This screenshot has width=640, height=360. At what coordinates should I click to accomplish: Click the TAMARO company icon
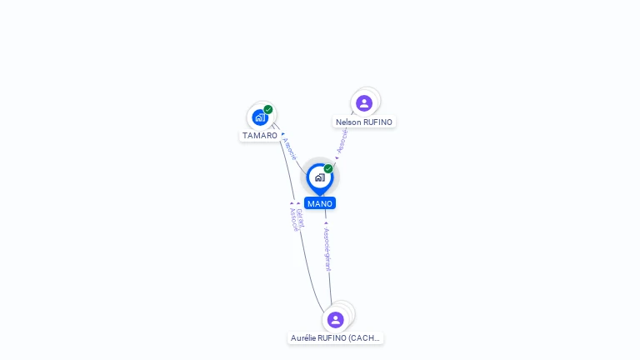pyautogui.click(x=259, y=117)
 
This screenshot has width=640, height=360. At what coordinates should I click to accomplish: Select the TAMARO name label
pyautogui.click(x=260, y=135)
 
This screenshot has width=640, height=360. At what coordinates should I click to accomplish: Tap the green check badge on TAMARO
pyautogui.click(x=268, y=109)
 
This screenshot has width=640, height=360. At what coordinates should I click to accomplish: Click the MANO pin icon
pyautogui.click(x=319, y=177)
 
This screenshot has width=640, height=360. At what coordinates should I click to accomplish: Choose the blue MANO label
pyautogui.click(x=319, y=203)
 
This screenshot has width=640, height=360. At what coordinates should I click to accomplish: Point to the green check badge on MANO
pyautogui.click(x=328, y=168)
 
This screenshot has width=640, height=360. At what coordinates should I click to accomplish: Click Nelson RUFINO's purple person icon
pyautogui.click(x=364, y=103)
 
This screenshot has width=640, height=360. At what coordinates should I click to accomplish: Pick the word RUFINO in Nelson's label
pyautogui.click(x=377, y=122)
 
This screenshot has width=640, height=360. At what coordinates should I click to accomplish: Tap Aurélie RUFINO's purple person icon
pyautogui.click(x=335, y=320)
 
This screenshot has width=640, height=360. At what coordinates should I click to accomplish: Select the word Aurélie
pyautogui.click(x=304, y=338)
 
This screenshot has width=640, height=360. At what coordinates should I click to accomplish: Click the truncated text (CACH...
pyautogui.click(x=364, y=338)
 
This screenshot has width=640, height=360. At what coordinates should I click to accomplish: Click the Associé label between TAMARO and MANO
pyautogui.click(x=290, y=149)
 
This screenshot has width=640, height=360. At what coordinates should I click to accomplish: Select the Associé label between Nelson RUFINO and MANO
pyautogui.click(x=342, y=140)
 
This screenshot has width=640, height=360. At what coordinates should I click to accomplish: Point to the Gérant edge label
pyautogui.click(x=300, y=218)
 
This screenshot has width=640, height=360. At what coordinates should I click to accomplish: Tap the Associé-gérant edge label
pyautogui.click(x=327, y=248)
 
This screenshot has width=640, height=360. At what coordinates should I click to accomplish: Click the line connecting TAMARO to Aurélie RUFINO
pyautogui.click(x=288, y=192)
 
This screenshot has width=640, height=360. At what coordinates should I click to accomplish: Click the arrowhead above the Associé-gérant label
pyautogui.click(x=326, y=223)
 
